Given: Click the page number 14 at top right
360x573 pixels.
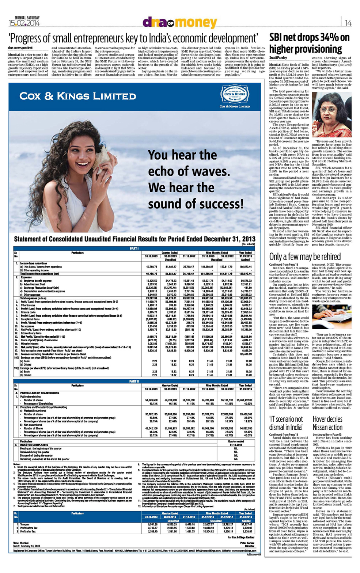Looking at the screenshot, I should point(348,23).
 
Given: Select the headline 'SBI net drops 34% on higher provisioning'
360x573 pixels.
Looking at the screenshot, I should point(309,43).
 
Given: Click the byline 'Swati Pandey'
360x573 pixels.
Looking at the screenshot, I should point(278,58).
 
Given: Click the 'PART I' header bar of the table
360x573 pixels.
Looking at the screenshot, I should point(134,248).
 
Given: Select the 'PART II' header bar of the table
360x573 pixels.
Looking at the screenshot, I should point(134,381).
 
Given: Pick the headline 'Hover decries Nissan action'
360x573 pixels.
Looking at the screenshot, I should point(327,423).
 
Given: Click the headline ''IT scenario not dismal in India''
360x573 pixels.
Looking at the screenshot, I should point(286,423).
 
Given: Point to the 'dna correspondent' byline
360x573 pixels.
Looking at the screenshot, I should point(20,48).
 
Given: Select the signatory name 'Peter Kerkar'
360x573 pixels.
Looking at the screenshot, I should point(247,543).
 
